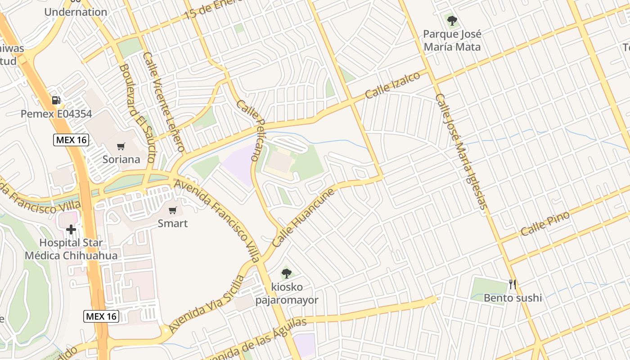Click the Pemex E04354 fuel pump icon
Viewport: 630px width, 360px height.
pyautogui.click(x=56, y=100)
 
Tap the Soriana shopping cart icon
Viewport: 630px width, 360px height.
pyautogui.click(x=121, y=146)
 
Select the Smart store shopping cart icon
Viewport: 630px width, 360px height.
pyautogui.click(x=172, y=210)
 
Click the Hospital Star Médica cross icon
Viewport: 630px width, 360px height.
pyautogui.click(x=71, y=229)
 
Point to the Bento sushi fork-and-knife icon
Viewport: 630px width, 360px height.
pyautogui.click(x=512, y=284)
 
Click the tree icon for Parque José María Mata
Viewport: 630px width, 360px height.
pyautogui.click(x=452, y=20)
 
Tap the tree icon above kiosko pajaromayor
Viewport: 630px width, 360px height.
pyautogui.click(x=286, y=273)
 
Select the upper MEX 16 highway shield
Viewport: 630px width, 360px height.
pyautogui.click(x=71, y=140)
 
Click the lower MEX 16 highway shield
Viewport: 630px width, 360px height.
pyautogui.click(x=101, y=316)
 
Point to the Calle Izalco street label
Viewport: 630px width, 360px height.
pyautogui.click(x=392, y=85)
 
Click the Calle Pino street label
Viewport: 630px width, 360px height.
pyautogui.click(x=545, y=224)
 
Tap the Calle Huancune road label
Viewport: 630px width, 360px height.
pyautogui.click(x=304, y=217)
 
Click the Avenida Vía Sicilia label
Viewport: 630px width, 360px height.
pyautogui.click(x=207, y=304)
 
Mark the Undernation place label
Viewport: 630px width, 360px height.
pyautogui.click(x=76, y=12)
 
